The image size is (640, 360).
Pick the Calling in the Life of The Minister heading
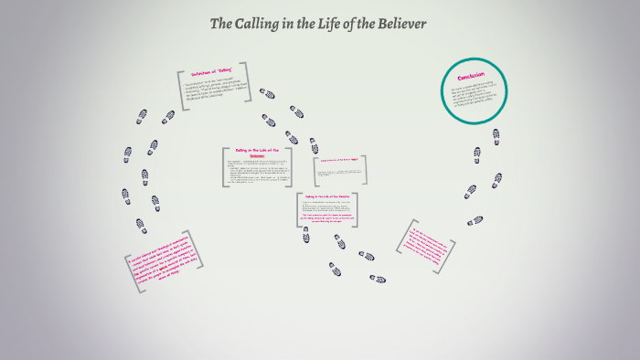pos(326,197)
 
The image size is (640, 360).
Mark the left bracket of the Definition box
pos(181,90)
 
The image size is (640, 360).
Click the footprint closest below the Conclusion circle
pos(496,136)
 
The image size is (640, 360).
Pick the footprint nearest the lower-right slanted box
pos(475,220)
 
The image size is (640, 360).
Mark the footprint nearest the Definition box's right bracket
pos(267,93)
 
